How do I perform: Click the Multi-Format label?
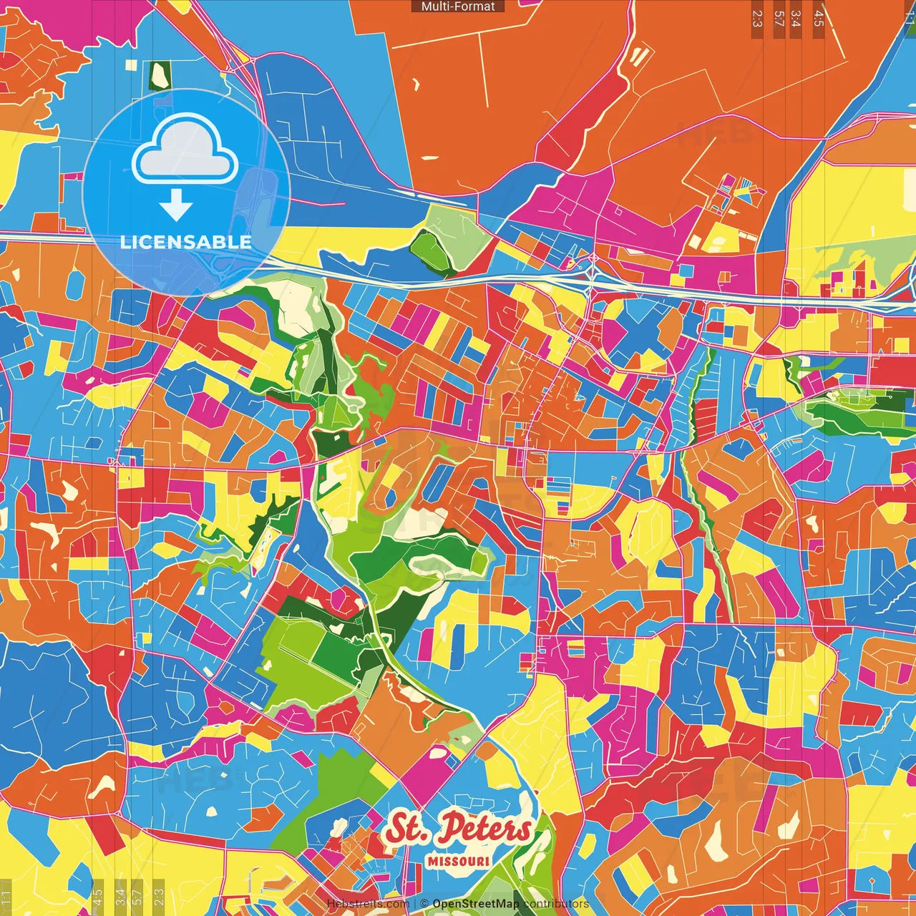pyautogui.click(x=458, y=6)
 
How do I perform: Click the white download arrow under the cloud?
pyautogui.click(x=176, y=205)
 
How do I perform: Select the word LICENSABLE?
pyautogui.click(x=185, y=242)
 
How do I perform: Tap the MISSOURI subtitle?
pyautogui.click(x=459, y=861)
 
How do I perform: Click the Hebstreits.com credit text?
pyautogui.click(x=368, y=904)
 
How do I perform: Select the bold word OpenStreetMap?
pyautogui.click(x=476, y=904)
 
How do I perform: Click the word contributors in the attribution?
pyautogui.click(x=555, y=904)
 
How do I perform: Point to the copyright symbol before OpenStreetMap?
pyautogui.click(x=424, y=904)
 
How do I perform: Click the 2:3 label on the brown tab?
pyautogui.click(x=757, y=19)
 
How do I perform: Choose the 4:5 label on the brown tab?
pyautogui.click(x=819, y=19)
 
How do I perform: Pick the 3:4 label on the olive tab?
pyautogui.click(x=120, y=895)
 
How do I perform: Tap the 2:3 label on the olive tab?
pyautogui.click(x=159, y=895)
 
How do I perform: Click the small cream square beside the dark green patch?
pyautogui.click(x=131, y=64)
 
